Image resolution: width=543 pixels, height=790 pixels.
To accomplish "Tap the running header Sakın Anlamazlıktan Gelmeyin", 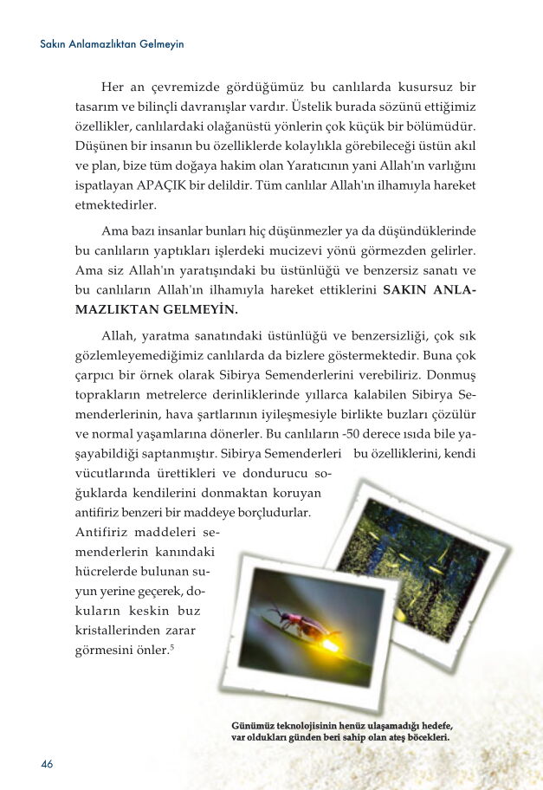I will click(113, 43).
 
